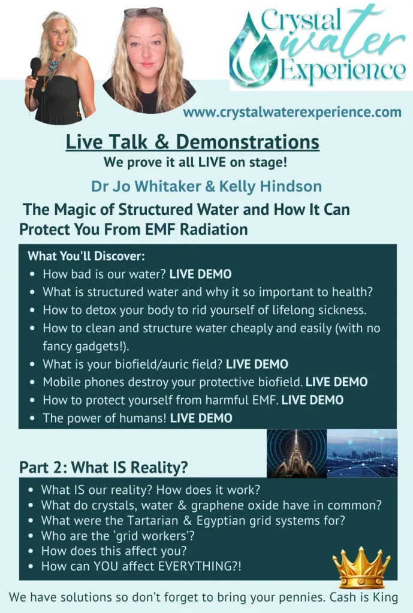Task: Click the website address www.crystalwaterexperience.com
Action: point(292,112)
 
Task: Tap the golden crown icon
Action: point(361,568)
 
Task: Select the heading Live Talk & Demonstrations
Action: point(192,141)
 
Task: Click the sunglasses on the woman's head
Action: point(144,12)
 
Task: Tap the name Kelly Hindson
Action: point(270,186)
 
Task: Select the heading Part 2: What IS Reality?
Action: point(103,467)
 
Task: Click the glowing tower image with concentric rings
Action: point(296,454)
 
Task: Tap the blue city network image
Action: point(362,453)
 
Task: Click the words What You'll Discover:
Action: point(86,256)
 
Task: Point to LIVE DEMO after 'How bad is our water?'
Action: point(200,274)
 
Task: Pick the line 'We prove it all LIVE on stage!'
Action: point(195,162)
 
